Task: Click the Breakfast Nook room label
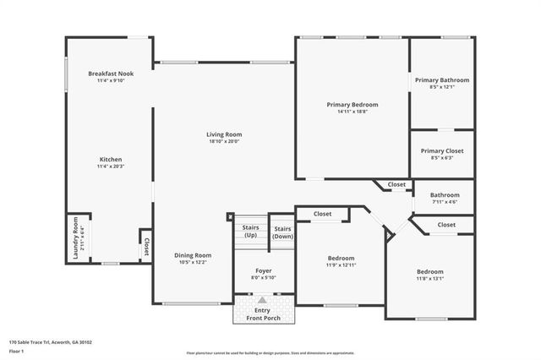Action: click(x=111, y=74)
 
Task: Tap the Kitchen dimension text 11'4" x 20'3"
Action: click(x=111, y=167)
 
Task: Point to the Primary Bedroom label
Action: click(x=352, y=105)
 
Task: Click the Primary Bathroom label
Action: click(x=442, y=80)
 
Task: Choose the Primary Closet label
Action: click(x=442, y=150)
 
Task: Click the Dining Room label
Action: click(x=193, y=255)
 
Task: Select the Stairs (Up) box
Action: click(x=250, y=232)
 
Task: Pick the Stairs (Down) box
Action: click(x=282, y=232)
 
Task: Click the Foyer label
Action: click(x=264, y=270)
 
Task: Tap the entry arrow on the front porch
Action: click(x=262, y=300)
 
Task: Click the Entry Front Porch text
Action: click(x=263, y=314)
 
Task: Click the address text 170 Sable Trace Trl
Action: click(x=51, y=342)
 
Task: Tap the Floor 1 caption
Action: click(x=17, y=351)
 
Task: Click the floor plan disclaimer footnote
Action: click(x=270, y=353)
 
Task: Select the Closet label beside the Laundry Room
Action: click(x=145, y=246)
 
